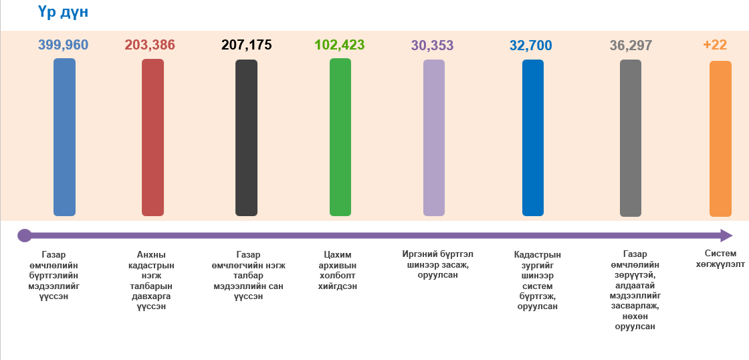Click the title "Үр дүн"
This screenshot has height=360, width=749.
64,12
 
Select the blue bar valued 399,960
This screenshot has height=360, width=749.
64,137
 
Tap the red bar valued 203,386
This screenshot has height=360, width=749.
152,137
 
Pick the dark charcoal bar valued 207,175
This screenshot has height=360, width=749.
246,138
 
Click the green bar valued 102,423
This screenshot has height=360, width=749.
340,137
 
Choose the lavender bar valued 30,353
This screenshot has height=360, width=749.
434,138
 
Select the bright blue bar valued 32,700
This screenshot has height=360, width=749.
533,138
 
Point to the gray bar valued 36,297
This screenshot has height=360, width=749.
631,138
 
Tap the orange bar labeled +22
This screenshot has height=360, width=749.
720,139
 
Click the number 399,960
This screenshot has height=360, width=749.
63,45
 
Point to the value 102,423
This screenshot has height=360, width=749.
340,45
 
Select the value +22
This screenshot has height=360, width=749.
715,45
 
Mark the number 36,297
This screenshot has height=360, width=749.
631,46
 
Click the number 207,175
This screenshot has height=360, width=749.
246,45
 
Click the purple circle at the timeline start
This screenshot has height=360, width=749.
25,236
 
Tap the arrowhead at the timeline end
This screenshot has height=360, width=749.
726,236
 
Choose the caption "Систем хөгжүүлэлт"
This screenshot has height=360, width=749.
720,259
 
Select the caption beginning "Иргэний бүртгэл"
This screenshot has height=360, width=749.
437,264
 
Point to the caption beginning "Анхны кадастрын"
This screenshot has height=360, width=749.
151,280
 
